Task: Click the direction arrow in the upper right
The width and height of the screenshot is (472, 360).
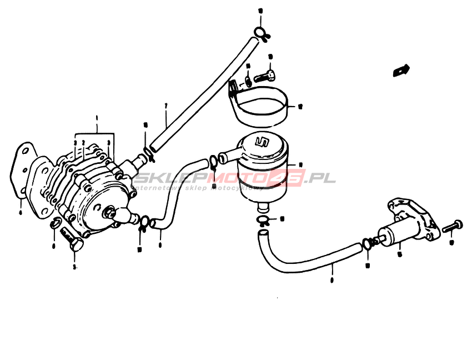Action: click(400, 71)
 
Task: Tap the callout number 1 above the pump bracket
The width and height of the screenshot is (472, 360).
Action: click(97, 118)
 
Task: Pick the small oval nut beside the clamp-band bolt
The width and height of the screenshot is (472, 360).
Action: click(248, 81)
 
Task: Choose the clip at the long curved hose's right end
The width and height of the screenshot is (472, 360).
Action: click(366, 243)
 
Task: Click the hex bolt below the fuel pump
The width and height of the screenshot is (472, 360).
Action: click(73, 239)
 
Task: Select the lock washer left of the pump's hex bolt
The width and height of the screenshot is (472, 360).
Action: click(54, 224)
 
